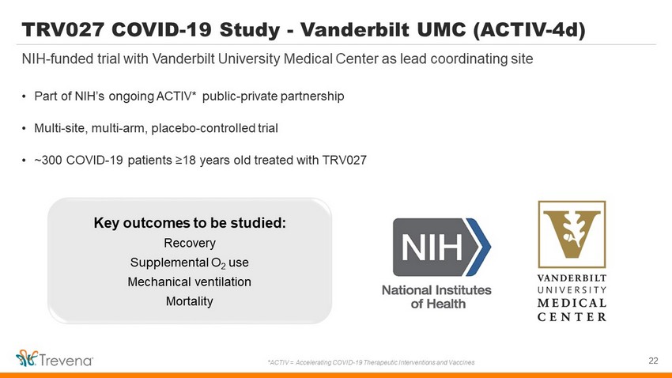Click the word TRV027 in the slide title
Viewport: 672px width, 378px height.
[63, 30]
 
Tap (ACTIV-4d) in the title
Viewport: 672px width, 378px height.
[529, 30]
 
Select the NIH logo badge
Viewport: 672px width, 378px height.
[441, 247]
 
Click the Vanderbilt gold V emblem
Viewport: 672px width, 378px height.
[572, 234]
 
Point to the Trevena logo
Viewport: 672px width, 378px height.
[55, 359]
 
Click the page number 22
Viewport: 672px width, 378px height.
[653, 361]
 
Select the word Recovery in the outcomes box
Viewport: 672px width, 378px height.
[190, 244]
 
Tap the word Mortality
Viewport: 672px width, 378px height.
[190, 301]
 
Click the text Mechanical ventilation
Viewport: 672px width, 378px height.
[190, 282]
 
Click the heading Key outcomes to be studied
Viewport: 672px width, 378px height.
[190, 223]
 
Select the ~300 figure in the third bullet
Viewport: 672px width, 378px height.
[48, 161]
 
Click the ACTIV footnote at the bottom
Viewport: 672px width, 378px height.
[371, 362]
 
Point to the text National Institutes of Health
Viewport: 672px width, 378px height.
[436, 297]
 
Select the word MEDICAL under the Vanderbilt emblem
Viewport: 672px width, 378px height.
[572, 303]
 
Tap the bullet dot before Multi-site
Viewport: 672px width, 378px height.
[24, 129]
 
